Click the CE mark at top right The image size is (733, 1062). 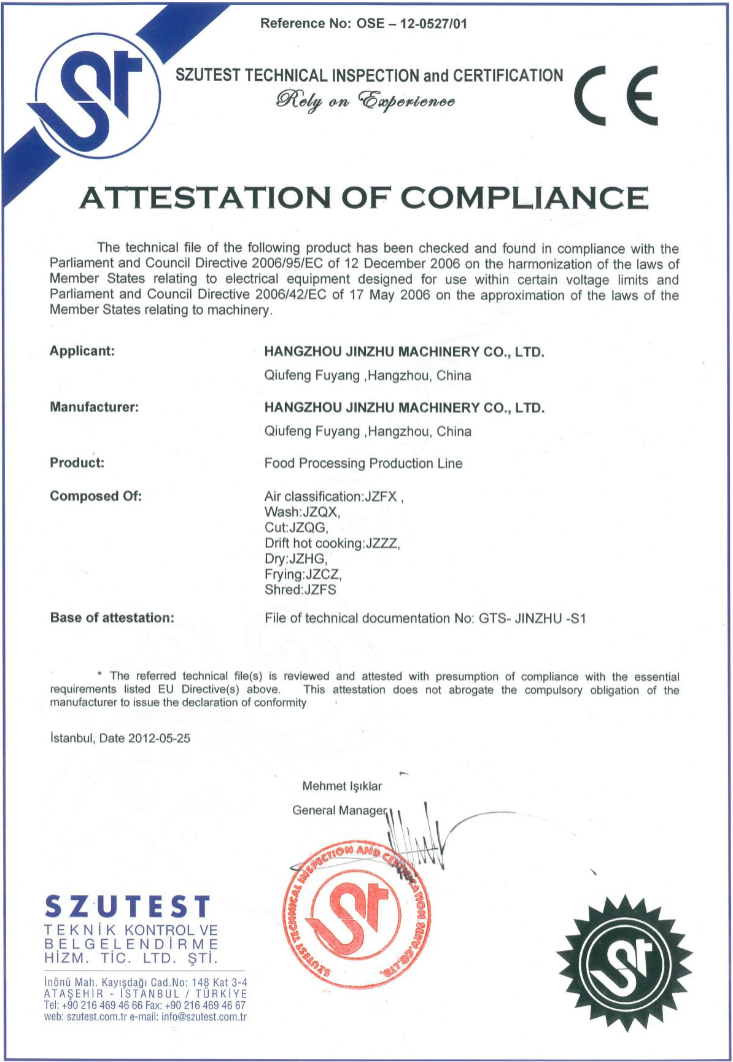(x=616, y=96)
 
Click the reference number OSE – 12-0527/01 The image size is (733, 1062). (x=412, y=24)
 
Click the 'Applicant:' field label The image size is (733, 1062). (x=82, y=351)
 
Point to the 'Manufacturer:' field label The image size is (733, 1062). (x=94, y=407)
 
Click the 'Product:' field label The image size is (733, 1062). (x=77, y=463)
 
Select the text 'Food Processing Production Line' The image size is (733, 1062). (x=363, y=463)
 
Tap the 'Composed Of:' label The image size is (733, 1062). (x=96, y=496)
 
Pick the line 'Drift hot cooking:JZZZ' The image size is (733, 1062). (x=332, y=543)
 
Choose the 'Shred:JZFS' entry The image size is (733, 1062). (x=300, y=590)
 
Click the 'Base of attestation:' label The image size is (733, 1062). (x=112, y=618)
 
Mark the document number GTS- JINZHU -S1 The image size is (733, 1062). (x=532, y=618)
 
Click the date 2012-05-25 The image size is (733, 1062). (x=159, y=738)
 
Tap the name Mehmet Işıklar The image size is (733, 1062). (x=342, y=786)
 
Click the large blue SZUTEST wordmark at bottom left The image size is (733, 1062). (x=128, y=907)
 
